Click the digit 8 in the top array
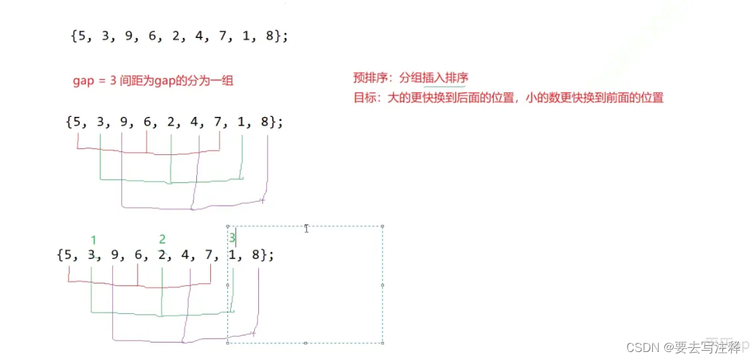[269, 36]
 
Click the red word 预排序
[369, 77]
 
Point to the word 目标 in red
[364, 98]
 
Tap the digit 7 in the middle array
[220, 122]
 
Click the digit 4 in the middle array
[198, 122]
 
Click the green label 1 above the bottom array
[93, 240]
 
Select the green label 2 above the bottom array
[162, 239]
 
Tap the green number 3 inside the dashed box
[232, 237]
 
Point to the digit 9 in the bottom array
[113, 254]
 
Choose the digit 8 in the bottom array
[258, 254]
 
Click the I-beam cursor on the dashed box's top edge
[306, 228]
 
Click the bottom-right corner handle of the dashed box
[383, 343]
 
